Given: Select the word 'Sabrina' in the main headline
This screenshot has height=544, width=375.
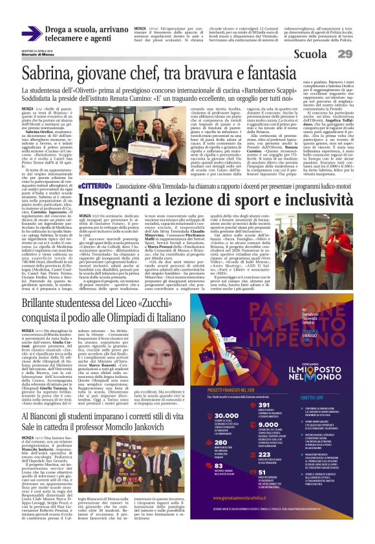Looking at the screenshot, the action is coord(48,74).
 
